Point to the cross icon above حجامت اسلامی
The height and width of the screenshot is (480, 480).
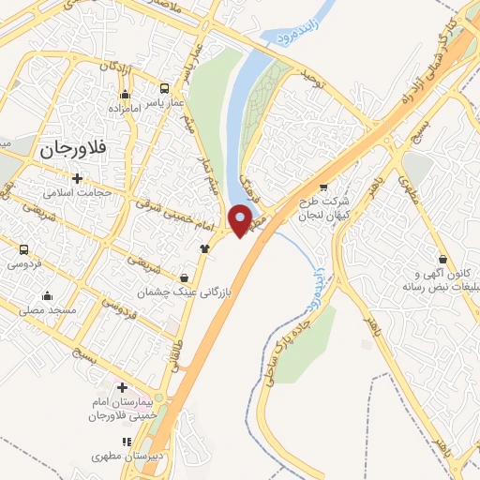[77, 178]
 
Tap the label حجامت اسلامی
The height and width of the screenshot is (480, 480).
[77, 192]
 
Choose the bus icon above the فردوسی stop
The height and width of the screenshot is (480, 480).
[24, 249]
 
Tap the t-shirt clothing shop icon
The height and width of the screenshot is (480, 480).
[204, 248]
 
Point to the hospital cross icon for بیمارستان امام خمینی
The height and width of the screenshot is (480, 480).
[121, 387]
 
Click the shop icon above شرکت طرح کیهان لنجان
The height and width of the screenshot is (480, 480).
[323, 187]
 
